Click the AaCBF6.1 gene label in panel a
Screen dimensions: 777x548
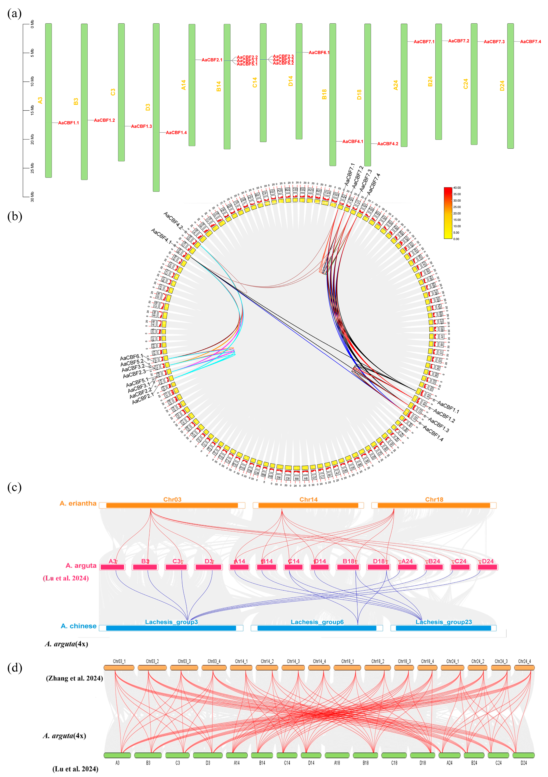pos(319,52)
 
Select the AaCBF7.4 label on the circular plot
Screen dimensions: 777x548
pos(374,184)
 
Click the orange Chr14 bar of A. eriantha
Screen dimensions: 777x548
pos(308,505)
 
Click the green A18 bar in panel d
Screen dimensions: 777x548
pos(337,755)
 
